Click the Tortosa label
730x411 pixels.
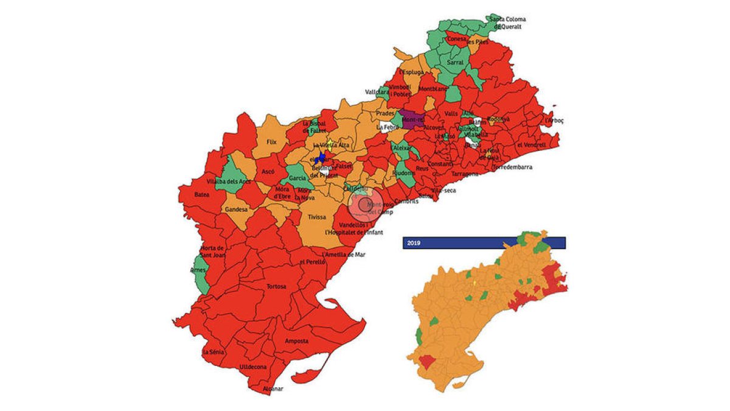276,286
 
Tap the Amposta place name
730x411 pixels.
297,342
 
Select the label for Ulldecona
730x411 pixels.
253,367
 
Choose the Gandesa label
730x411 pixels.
235,209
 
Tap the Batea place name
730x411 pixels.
202,195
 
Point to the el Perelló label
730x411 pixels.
310,262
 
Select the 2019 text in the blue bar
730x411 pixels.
414,243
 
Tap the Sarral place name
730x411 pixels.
455,62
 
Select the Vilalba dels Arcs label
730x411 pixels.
229,181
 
